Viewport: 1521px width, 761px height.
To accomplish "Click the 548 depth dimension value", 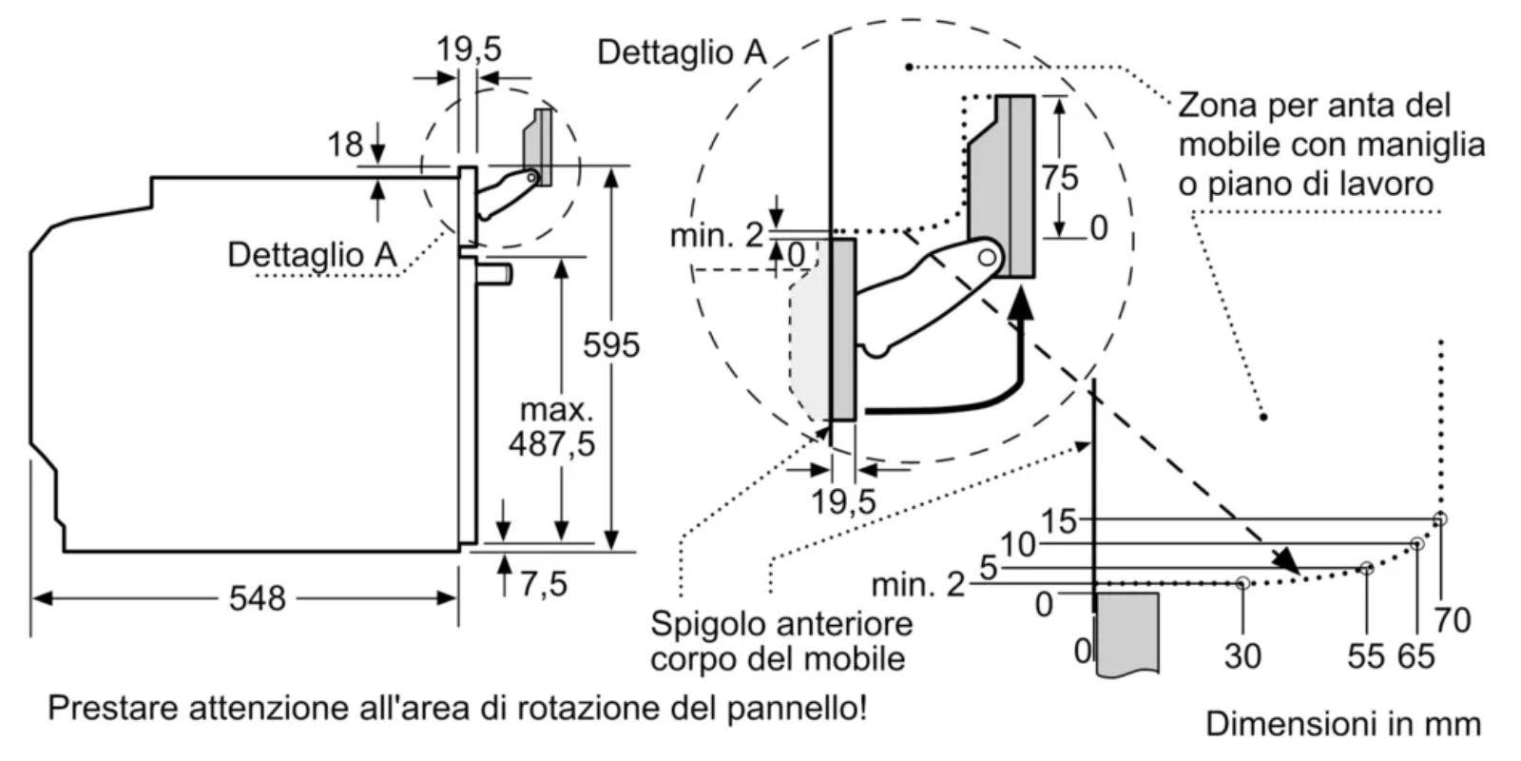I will click(x=257, y=598).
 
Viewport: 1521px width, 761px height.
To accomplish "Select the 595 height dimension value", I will click(x=611, y=344).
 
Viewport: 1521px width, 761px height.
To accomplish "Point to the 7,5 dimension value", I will click(x=543, y=583).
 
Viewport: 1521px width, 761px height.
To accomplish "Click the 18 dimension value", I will click(x=345, y=145).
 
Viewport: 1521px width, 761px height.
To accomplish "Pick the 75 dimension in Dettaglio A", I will click(x=1059, y=177).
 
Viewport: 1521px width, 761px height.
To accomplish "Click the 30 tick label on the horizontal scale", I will click(x=1242, y=655).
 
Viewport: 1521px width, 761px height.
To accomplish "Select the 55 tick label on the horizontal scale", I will click(x=1366, y=655).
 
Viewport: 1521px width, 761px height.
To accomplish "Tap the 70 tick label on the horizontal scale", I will click(x=1452, y=620).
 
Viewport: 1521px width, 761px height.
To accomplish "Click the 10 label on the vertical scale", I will click(x=1018, y=545).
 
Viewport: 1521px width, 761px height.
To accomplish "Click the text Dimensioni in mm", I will click(x=1343, y=724).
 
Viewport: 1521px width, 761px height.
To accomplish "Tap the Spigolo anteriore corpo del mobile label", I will click(x=780, y=640).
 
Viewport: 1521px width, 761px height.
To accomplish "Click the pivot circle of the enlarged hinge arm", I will click(x=989, y=256).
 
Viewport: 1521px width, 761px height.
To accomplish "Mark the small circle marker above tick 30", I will click(x=1242, y=582).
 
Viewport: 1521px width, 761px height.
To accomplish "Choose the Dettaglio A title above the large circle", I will click(x=682, y=51).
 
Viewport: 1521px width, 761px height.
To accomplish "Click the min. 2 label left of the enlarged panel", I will click(x=716, y=234).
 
